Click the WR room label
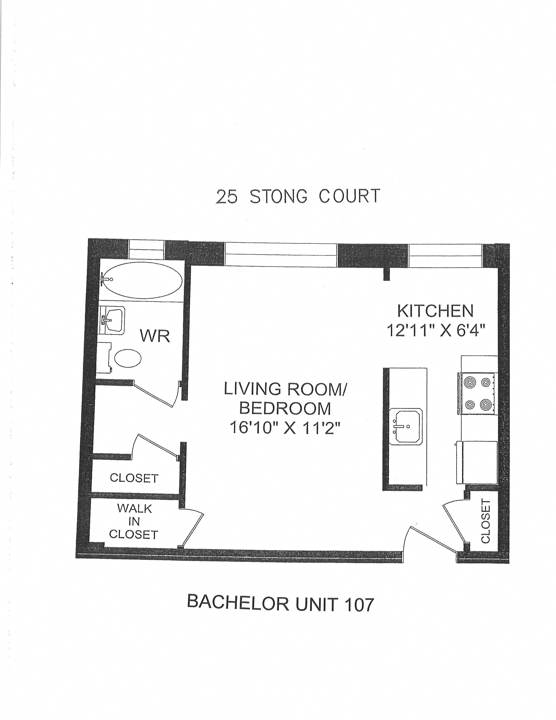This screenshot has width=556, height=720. pyautogui.click(x=155, y=336)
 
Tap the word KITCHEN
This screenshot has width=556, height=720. pyautogui.click(x=435, y=311)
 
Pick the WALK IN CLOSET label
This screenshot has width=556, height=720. pyautogui.click(x=133, y=521)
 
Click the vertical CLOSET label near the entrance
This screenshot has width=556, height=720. pyautogui.click(x=486, y=521)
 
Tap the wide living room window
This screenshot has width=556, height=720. pyautogui.click(x=281, y=254)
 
